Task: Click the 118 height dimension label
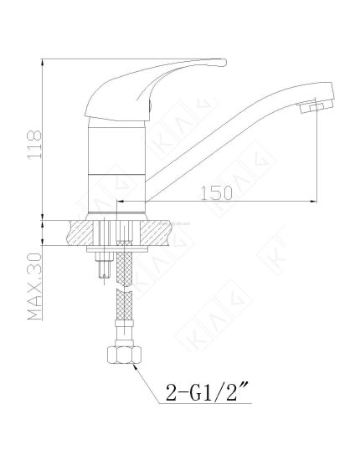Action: (34, 145)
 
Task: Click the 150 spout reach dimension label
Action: (217, 193)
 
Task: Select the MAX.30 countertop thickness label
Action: (35, 286)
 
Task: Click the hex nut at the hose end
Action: (124, 355)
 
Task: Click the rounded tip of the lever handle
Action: (224, 63)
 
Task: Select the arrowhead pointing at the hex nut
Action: (136, 367)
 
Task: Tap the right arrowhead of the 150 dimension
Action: (313, 202)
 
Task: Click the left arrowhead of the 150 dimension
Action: (121, 202)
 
